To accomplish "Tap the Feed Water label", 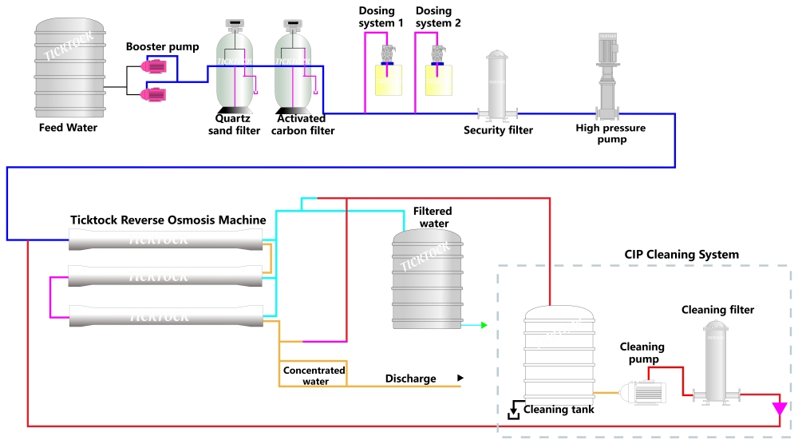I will click(68, 128).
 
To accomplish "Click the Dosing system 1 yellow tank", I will click(389, 80).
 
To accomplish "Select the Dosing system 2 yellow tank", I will click(438, 80).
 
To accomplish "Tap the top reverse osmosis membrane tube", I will click(166, 239).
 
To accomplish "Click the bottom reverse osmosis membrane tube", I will click(166, 316).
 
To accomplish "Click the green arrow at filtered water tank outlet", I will click(484, 325).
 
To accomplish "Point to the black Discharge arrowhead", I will click(460, 378).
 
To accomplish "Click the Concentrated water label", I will click(314, 375).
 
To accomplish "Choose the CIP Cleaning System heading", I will click(681, 255).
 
